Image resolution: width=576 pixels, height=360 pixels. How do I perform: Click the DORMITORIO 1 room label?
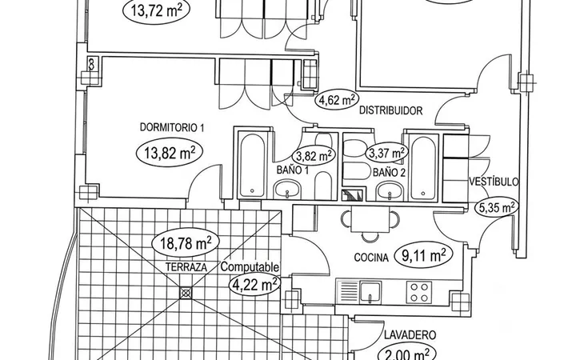pyautogui.click(x=172, y=127)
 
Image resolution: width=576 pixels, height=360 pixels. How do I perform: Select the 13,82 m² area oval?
pyautogui.click(x=170, y=153)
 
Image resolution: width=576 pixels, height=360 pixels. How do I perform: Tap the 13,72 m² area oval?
pyautogui.click(x=156, y=10)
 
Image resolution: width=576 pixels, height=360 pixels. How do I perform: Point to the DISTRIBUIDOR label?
pyautogui.click(x=391, y=110)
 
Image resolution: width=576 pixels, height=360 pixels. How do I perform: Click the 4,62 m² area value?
pyautogui.click(x=337, y=100)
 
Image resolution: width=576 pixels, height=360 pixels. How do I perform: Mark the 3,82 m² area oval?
pyautogui.click(x=314, y=156)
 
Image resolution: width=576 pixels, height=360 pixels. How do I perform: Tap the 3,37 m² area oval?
pyautogui.click(x=387, y=153)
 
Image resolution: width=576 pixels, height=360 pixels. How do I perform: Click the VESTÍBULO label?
pyautogui.click(x=494, y=182)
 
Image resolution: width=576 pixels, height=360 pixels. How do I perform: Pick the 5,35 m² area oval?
pyautogui.click(x=498, y=208)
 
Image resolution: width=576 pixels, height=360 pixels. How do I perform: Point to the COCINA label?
pyautogui.click(x=371, y=258)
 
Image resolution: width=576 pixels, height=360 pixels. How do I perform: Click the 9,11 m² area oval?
pyautogui.click(x=423, y=255)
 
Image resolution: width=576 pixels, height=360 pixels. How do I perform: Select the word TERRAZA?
pyautogui.click(x=186, y=267)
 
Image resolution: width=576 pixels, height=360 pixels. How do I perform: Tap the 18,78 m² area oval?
pyautogui.click(x=186, y=243)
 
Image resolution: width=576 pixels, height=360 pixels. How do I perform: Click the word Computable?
pyautogui.click(x=250, y=267)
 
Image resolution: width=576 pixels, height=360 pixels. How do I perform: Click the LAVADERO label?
pyautogui.click(x=410, y=335)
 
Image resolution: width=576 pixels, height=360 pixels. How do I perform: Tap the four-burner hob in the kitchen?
pyautogui.click(x=418, y=292)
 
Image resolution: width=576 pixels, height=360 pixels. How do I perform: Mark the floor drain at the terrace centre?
pyautogui.click(x=186, y=293)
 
